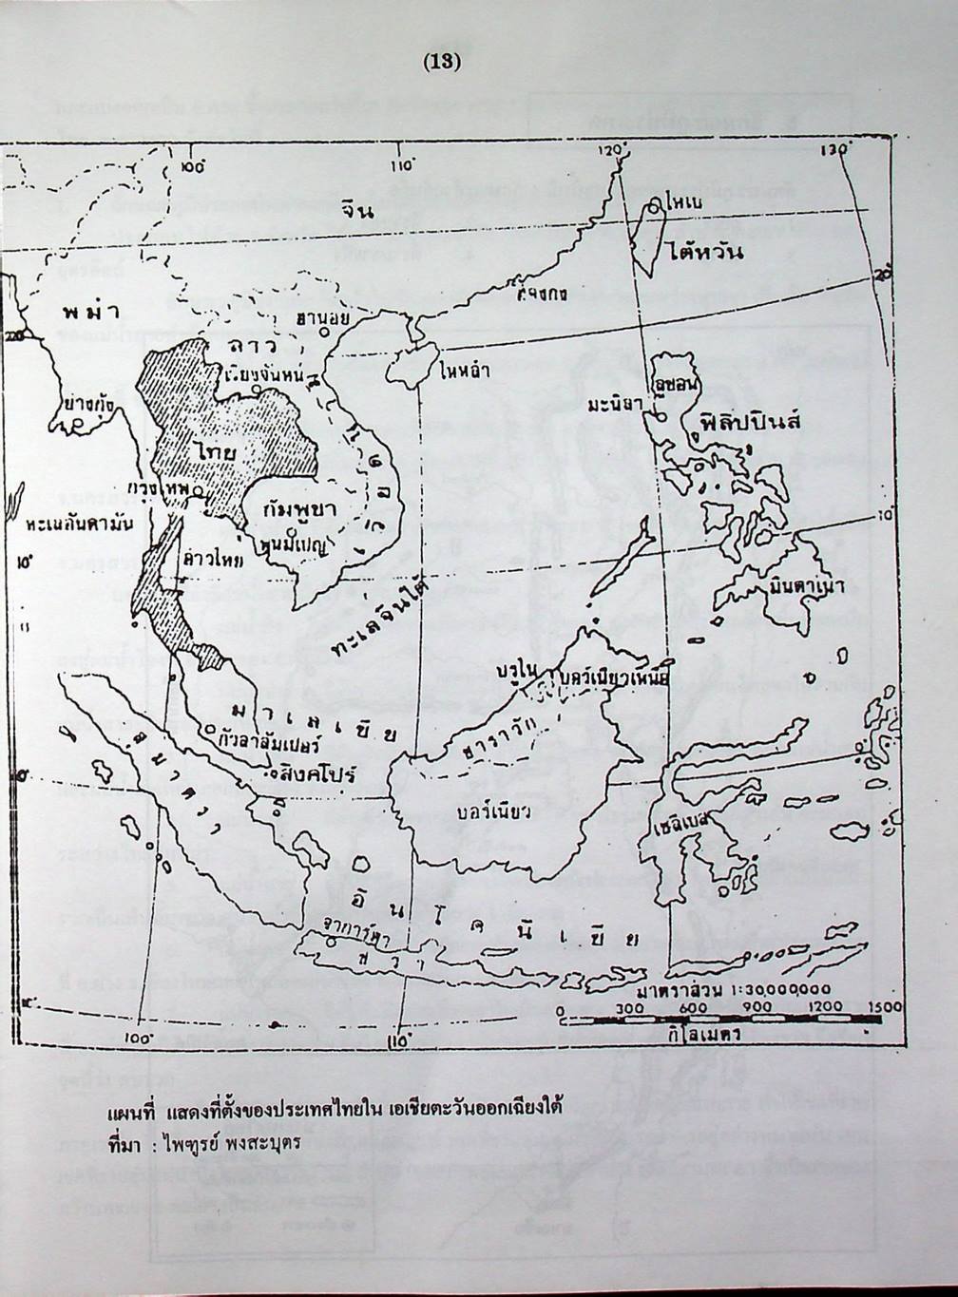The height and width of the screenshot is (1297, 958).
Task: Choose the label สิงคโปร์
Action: point(315,773)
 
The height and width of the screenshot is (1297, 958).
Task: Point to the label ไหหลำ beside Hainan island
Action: point(465,372)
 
